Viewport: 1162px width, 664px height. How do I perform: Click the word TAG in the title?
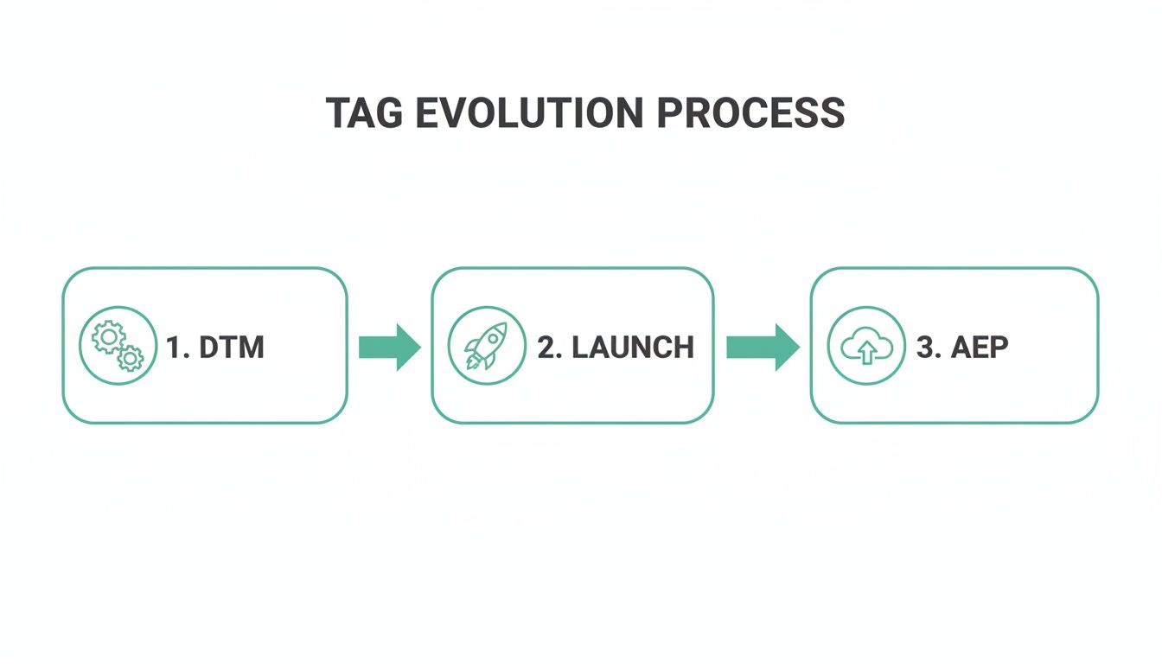[364, 113]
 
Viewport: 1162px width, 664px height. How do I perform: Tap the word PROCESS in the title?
[750, 113]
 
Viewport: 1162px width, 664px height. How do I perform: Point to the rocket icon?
[486, 345]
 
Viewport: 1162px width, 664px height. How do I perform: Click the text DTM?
[231, 348]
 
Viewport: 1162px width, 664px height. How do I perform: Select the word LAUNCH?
[633, 348]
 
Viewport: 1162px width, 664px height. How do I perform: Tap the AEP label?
[980, 348]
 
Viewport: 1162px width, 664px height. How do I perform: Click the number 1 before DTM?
[173, 348]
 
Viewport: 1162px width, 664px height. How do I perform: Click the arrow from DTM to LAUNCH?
[389, 347]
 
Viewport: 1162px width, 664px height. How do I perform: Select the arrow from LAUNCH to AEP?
[763, 347]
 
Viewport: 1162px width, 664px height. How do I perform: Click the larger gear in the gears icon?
[107, 336]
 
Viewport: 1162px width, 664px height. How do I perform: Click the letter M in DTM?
[250, 348]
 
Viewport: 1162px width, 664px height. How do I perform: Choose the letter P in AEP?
[997, 348]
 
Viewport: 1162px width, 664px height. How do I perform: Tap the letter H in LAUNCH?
[681, 348]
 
